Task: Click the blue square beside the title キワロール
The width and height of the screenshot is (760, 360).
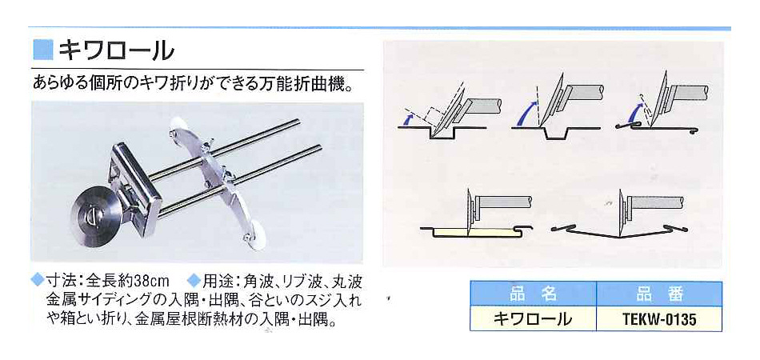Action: pyautogui.click(x=42, y=50)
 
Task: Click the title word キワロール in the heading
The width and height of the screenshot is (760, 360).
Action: pyautogui.click(x=116, y=50)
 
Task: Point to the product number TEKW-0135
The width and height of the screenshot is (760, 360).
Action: pyautogui.click(x=658, y=319)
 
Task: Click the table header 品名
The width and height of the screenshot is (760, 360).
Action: pyautogui.click(x=533, y=294)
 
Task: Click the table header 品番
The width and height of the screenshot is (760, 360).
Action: pyautogui.click(x=658, y=294)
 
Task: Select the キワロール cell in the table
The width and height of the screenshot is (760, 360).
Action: pyautogui.click(x=533, y=319)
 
